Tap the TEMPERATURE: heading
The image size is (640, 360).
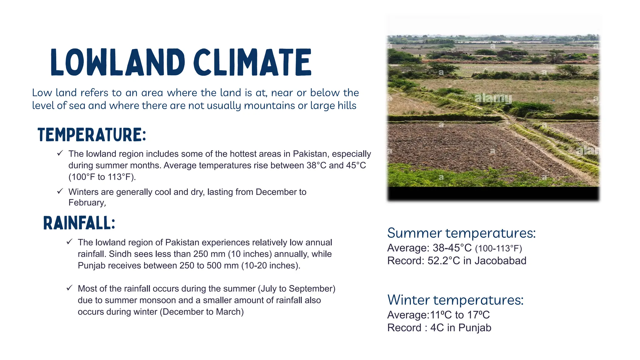pyautogui.click(x=92, y=135)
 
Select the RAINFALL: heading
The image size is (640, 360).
pyautogui.click(x=79, y=223)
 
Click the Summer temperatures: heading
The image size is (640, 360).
pyautogui.click(x=461, y=233)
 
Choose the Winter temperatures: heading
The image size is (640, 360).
pyautogui.click(x=455, y=300)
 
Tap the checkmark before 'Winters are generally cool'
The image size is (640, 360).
pyautogui.click(x=60, y=191)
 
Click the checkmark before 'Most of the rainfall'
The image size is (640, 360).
pyautogui.click(x=69, y=288)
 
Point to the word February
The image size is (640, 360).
pyautogui.click(x=87, y=203)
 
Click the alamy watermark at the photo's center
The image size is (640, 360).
pyautogui.click(x=493, y=98)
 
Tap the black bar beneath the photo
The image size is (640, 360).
pyautogui.click(x=493, y=194)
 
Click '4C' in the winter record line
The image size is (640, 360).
pyautogui.click(x=437, y=328)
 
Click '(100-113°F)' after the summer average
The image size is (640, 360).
pyautogui.click(x=498, y=249)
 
